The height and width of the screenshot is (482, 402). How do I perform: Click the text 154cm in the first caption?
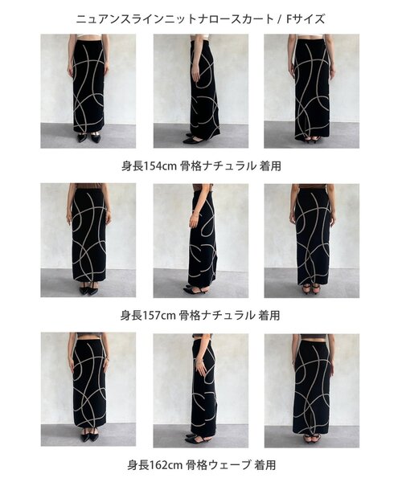coord(159,166)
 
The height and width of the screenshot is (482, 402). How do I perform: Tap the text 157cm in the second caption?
coord(158,315)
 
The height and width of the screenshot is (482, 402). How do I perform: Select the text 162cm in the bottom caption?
coord(166,465)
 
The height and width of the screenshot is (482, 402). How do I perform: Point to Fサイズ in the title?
coord(305,19)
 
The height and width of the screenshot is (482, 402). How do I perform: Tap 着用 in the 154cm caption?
coord(270,166)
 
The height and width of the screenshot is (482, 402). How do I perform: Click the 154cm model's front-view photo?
coord(88,91)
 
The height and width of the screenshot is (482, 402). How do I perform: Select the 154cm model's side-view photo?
coord(201,91)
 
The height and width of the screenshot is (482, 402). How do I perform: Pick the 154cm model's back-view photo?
coord(312,91)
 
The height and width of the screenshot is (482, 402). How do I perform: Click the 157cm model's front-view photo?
coord(88,240)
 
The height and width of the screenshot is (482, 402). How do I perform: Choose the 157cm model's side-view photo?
coord(201,240)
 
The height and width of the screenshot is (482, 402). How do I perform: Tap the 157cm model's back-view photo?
coord(312,240)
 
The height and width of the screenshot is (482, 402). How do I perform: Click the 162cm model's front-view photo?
coord(88,390)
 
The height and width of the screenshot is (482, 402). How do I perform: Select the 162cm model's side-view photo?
coord(201,390)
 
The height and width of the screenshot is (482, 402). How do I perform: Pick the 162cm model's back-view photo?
coord(312,390)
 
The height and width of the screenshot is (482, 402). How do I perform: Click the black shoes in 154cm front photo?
coord(88,137)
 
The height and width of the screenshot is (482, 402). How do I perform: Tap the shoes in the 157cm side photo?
coord(196,289)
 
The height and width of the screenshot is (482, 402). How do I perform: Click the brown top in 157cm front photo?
coord(88,186)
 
